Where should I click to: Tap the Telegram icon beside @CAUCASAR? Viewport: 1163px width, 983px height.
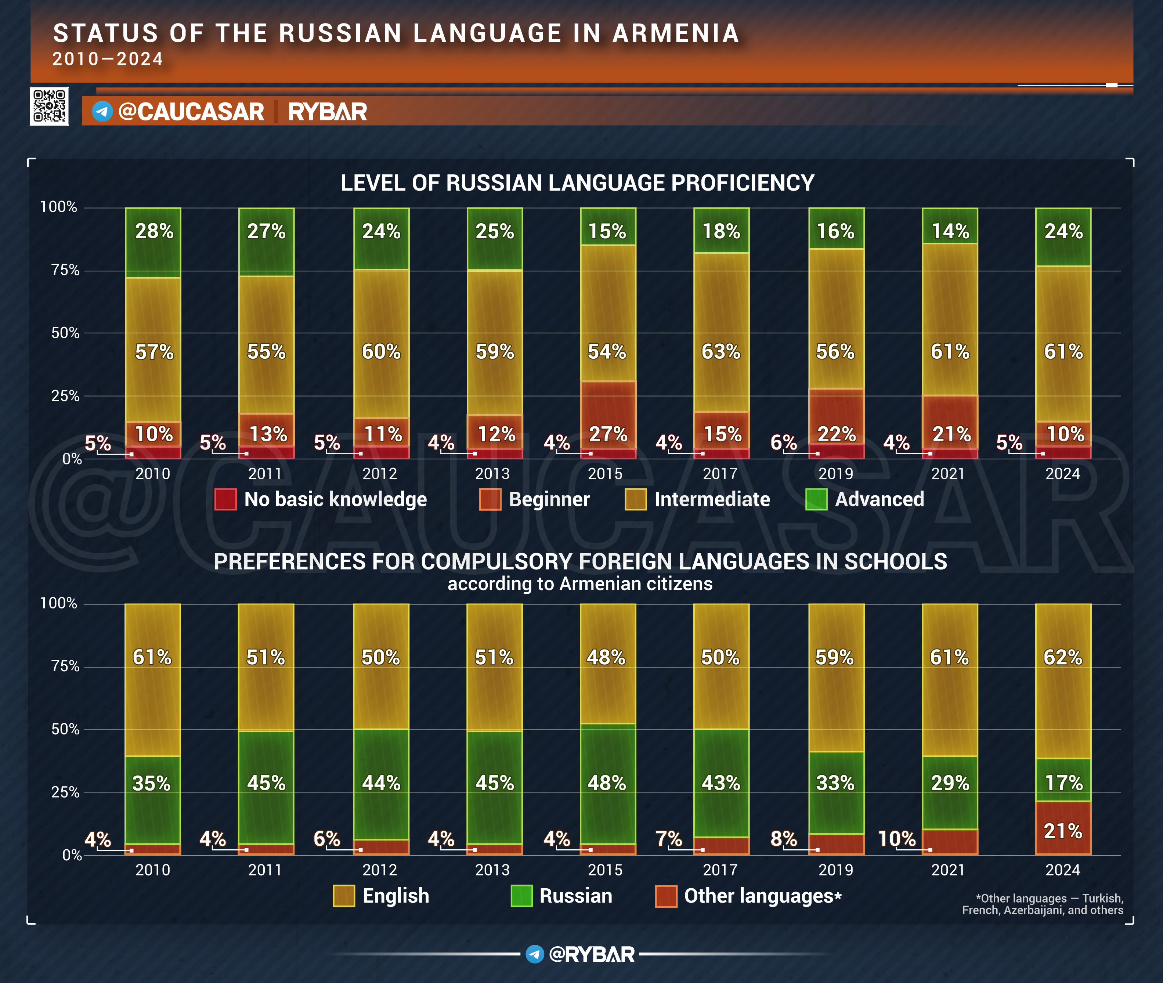[102, 112]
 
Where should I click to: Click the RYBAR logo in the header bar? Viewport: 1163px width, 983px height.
[327, 112]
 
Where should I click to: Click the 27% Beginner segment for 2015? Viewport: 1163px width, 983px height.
[608, 415]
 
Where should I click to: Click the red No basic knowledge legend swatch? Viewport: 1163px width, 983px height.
[225, 499]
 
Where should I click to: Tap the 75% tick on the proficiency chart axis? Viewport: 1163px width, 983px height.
[65, 270]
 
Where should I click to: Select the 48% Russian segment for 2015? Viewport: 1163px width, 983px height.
[607, 783]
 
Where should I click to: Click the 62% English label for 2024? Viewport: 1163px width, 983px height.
[1063, 658]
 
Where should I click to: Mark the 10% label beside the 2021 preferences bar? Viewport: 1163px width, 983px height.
[897, 839]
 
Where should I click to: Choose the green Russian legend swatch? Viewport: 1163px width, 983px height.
[521, 896]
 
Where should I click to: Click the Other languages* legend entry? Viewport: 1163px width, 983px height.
[762, 896]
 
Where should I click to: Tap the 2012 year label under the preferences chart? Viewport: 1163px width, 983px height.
[379, 870]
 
